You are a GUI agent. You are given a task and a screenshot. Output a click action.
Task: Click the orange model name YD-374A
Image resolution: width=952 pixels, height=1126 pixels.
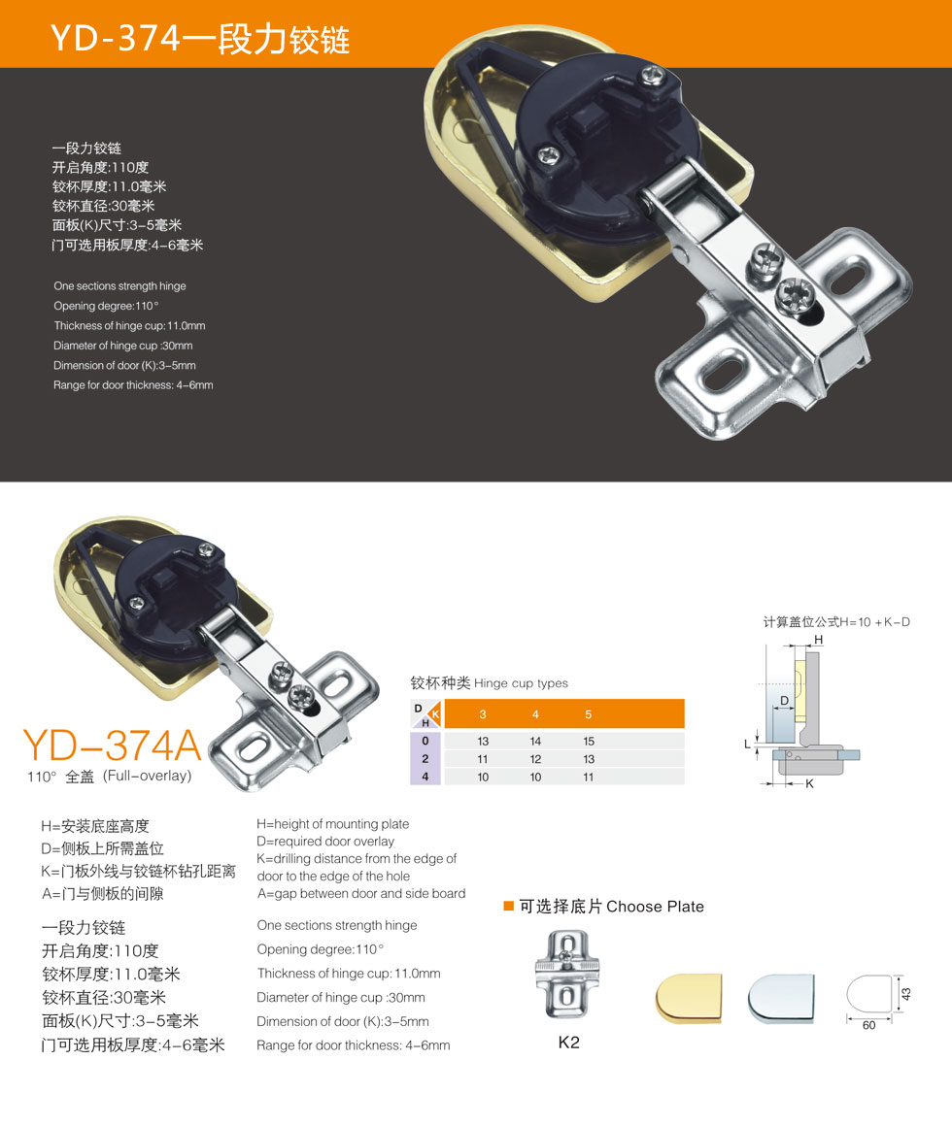tap(112, 745)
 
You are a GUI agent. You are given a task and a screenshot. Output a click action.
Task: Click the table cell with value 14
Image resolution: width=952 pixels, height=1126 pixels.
tap(535, 741)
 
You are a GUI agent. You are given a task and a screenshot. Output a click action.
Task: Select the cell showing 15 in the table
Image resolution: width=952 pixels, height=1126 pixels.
tap(589, 741)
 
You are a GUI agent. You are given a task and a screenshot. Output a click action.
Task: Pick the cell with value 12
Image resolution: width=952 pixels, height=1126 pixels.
tap(535, 759)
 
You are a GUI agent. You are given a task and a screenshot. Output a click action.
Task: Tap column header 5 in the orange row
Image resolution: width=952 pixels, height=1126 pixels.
tap(589, 714)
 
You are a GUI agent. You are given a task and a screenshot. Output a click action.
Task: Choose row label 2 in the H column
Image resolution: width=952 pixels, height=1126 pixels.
tap(425, 759)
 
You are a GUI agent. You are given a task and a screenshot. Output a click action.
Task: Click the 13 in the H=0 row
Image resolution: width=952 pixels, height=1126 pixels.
tap(483, 741)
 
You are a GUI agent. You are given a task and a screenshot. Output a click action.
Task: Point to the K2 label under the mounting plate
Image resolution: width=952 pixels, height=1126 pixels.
tap(568, 1043)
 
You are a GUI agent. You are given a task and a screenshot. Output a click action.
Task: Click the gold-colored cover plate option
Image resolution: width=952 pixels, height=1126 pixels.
tap(689, 997)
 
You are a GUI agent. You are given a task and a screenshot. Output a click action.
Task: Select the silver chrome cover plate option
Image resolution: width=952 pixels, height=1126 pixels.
tap(781, 997)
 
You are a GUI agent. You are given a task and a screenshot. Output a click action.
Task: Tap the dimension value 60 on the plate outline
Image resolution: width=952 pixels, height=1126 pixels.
tap(868, 1025)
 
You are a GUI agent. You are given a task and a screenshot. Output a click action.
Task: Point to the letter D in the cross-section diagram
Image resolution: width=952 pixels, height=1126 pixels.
tap(785, 700)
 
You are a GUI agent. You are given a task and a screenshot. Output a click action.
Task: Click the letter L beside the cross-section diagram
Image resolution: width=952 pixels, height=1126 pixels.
tap(747, 744)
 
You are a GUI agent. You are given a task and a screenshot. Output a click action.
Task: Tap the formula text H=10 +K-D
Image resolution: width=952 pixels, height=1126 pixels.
tap(874, 622)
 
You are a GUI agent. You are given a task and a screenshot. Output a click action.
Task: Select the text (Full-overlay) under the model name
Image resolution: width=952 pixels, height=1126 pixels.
tap(148, 776)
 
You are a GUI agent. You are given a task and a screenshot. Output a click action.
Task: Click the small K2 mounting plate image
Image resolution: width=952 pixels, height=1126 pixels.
tap(567, 975)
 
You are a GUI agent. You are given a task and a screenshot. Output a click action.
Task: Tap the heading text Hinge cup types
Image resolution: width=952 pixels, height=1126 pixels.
tap(521, 683)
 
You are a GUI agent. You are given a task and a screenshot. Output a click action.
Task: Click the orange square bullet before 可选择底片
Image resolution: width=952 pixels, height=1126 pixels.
tap(509, 907)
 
